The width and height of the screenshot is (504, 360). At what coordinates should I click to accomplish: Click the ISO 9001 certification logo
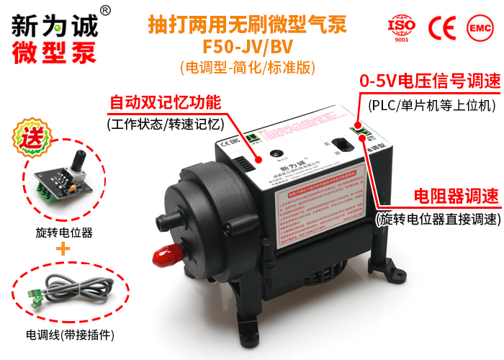(x=402, y=27)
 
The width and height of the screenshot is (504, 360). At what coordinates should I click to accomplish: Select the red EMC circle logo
(x=479, y=27)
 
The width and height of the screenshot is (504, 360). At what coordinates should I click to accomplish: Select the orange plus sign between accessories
(x=63, y=250)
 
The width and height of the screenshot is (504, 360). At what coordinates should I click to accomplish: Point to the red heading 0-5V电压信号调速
(x=430, y=81)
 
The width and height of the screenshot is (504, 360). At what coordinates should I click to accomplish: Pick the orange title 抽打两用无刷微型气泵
(x=247, y=25)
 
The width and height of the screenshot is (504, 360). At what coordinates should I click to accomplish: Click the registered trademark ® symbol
(x=105, y=11)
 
